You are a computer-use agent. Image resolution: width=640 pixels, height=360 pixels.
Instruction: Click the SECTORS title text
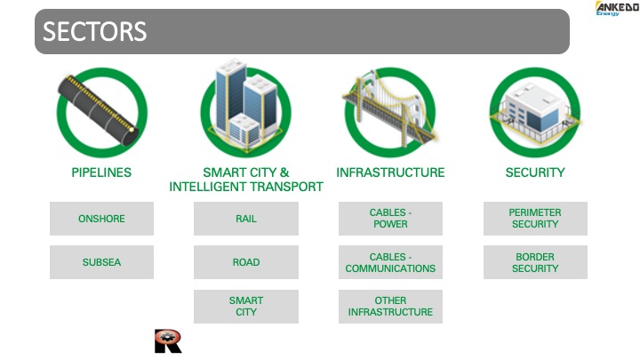coord(95,31)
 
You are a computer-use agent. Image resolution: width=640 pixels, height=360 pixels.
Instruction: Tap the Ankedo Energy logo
coord(617,9)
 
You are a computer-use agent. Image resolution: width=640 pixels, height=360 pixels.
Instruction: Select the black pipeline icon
coord(98,110)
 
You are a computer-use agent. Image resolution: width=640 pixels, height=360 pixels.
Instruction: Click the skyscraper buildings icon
coord(245,105)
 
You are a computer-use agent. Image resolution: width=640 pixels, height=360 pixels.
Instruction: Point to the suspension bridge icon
coord(390,108)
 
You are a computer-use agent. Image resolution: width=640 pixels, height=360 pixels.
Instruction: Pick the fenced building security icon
coord(534,112)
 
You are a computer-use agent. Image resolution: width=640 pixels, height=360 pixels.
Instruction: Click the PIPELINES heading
coord(101,172)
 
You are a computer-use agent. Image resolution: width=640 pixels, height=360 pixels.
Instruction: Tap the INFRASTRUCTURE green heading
coord(390,172)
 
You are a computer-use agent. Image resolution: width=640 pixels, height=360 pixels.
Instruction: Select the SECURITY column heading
coord(535,172)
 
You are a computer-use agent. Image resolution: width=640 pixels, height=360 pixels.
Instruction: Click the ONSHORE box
coord(101,219)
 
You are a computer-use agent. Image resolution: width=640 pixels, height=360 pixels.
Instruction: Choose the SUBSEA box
coord(101,262)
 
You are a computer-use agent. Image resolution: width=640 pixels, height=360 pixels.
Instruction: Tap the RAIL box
coord(246,219)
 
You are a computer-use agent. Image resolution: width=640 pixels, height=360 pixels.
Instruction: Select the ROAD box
coord(246,262)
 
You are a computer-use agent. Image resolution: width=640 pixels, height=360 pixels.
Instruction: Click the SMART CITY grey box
coord(246,307)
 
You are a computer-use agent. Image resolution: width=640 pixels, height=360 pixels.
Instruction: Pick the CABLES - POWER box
coord(390,219)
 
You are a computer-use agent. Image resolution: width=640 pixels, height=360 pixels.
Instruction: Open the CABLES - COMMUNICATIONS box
coord(390,262)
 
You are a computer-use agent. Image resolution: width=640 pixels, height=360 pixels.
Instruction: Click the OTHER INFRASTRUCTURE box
coord(390,307)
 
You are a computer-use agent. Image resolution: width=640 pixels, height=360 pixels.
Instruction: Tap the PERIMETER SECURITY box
coord(535,219)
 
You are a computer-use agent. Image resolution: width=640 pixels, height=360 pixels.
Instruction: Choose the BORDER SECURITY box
coord(535,262)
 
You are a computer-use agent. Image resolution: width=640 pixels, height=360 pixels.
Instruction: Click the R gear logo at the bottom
coord(168,340)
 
